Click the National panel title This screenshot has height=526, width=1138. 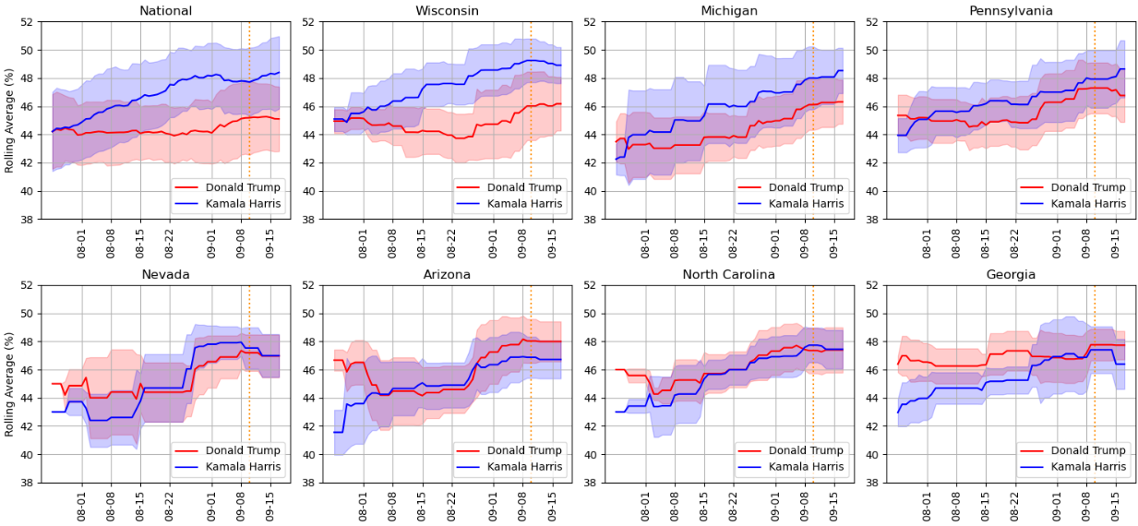click(165, 11)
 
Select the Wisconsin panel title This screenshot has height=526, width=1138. click(448, 11)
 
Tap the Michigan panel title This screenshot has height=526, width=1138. click(729, 11)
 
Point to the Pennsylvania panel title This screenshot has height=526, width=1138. click(1011, 11)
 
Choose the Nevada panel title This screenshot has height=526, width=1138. click(165, 274)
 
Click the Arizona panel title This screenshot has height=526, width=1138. click(448, 274)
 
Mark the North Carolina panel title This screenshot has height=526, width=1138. click(729, 274)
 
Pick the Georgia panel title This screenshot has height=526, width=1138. click(1011, 274)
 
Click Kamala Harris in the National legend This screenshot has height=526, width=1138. click(244, 203)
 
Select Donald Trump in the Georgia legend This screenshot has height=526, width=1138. click(1088, 450)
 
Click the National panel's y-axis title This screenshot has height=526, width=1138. click(10, 120)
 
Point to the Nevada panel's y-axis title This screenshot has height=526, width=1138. click(10, 384)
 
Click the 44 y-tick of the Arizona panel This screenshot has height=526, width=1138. click(311, 398)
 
